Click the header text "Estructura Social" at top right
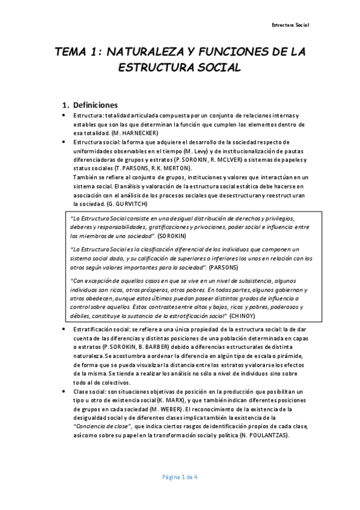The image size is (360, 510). [290, 25]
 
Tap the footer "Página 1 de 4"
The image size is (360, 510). [179, 477]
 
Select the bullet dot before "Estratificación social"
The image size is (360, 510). [65, 330]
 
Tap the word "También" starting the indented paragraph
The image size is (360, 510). [85, 177]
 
